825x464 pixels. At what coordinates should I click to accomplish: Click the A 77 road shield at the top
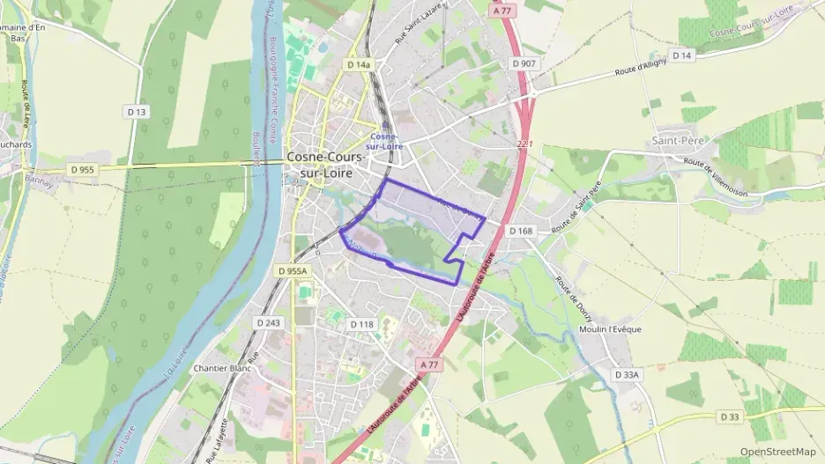tap(502, 11)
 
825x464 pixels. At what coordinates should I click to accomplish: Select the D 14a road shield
tap(359, 64)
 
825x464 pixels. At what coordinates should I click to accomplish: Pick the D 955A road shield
tap(292, 271)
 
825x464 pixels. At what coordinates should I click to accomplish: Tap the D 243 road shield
tap(268, 323)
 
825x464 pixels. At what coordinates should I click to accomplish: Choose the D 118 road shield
tap(361, 324)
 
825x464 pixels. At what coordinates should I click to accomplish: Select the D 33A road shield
tap(628, 375)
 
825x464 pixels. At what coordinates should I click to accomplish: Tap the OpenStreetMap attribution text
tap(777, 452)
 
